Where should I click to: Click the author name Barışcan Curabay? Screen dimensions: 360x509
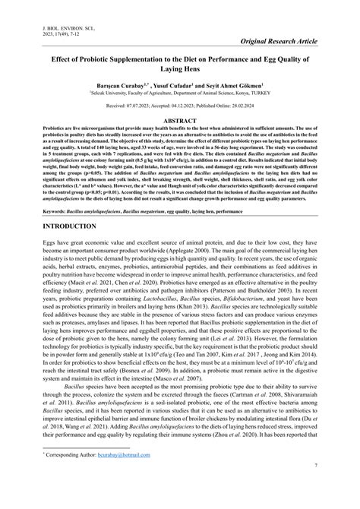coord(120,87)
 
